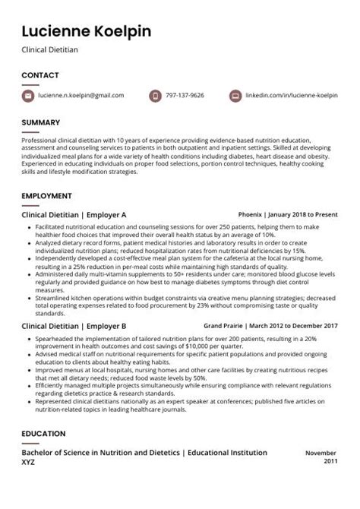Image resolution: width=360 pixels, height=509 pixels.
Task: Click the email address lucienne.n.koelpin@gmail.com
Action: (81, 96)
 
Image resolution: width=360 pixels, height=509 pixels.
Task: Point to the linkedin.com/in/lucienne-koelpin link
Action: (292, 96)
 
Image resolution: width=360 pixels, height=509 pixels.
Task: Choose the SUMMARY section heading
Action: (40, 122)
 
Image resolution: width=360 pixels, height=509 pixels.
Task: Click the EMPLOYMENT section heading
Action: (46, 196)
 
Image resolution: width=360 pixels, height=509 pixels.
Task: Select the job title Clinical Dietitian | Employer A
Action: (74, 215)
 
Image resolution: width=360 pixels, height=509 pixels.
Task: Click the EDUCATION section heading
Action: (43, 434)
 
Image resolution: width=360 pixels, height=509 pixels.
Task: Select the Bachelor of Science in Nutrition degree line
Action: (144, 453)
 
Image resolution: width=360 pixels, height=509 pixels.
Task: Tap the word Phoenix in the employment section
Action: (249, 215)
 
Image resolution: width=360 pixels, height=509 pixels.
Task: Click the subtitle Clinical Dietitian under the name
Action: (50, 50)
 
